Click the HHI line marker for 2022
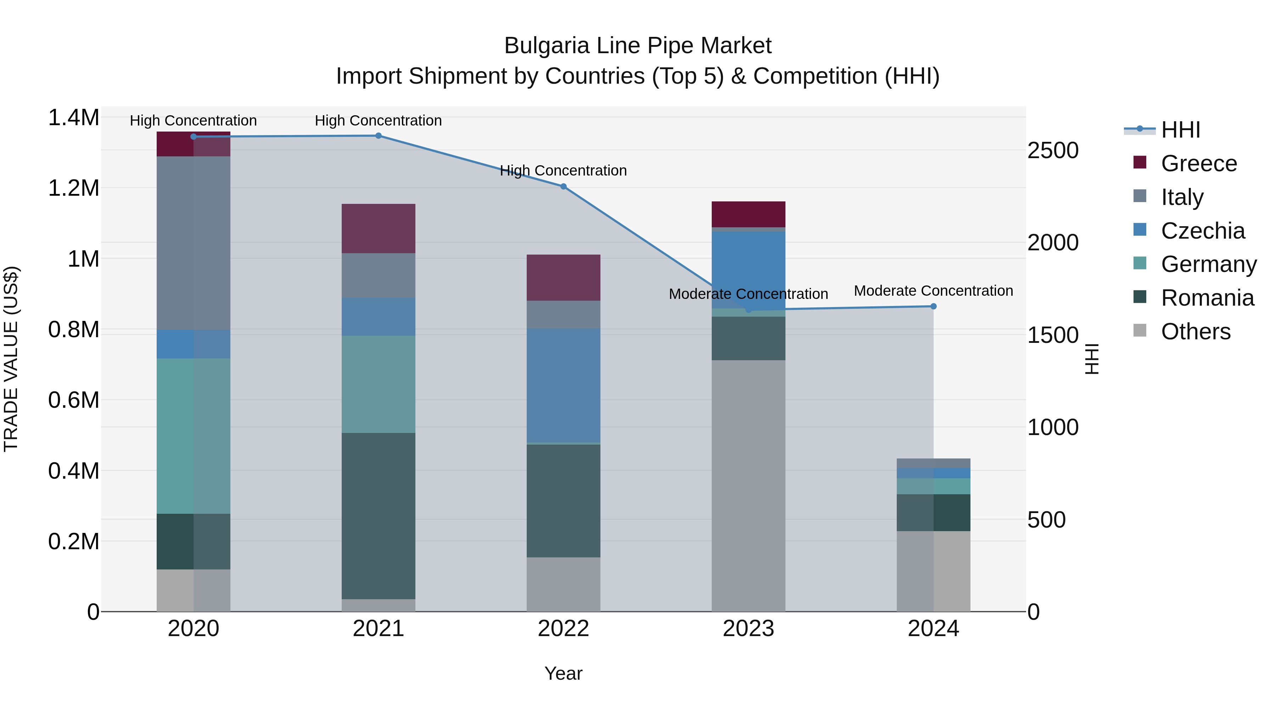(563, 186)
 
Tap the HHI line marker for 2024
(933, 306)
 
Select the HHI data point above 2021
(379, 136)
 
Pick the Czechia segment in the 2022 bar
(563, 385)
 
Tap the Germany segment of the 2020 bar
(193, 436)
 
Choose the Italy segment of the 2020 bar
(193, 243)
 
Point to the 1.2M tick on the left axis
(73, 188)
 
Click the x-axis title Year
(563, 673)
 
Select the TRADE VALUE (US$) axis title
(11, 359)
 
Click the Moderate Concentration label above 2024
(933, 290)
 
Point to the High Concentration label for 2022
(563, 171)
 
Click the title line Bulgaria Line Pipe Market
(638, 46)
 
